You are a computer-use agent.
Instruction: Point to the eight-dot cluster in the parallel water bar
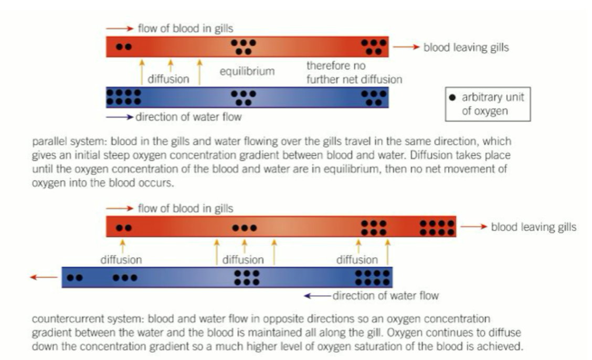124,97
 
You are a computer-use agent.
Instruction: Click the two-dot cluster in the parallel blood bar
124,46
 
